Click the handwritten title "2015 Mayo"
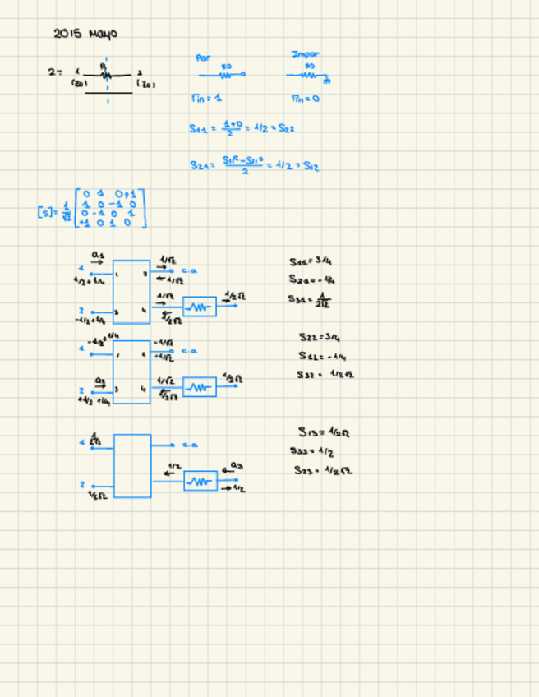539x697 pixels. click(x=85, y=34)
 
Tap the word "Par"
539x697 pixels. click(x=204, y=58)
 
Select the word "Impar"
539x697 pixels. click(x=304, y=55)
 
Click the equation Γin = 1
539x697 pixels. click(x=206, y=98)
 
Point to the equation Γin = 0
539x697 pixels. click(x=305, y=98)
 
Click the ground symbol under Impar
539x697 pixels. click(x=326, y=81)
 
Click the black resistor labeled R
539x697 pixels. click(x=104, y=74)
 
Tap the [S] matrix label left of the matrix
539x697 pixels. click(x=44, y=211)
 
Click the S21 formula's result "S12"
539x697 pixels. click(x=311, y=166)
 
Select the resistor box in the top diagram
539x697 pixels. click(x=200, y=307)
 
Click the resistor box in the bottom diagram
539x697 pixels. click(x=200, y=481)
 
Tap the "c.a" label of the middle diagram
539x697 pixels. click(x=189, y=351)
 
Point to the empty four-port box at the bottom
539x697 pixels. click(x=132, y=465)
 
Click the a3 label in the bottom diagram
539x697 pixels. click(x=236, y=465)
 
